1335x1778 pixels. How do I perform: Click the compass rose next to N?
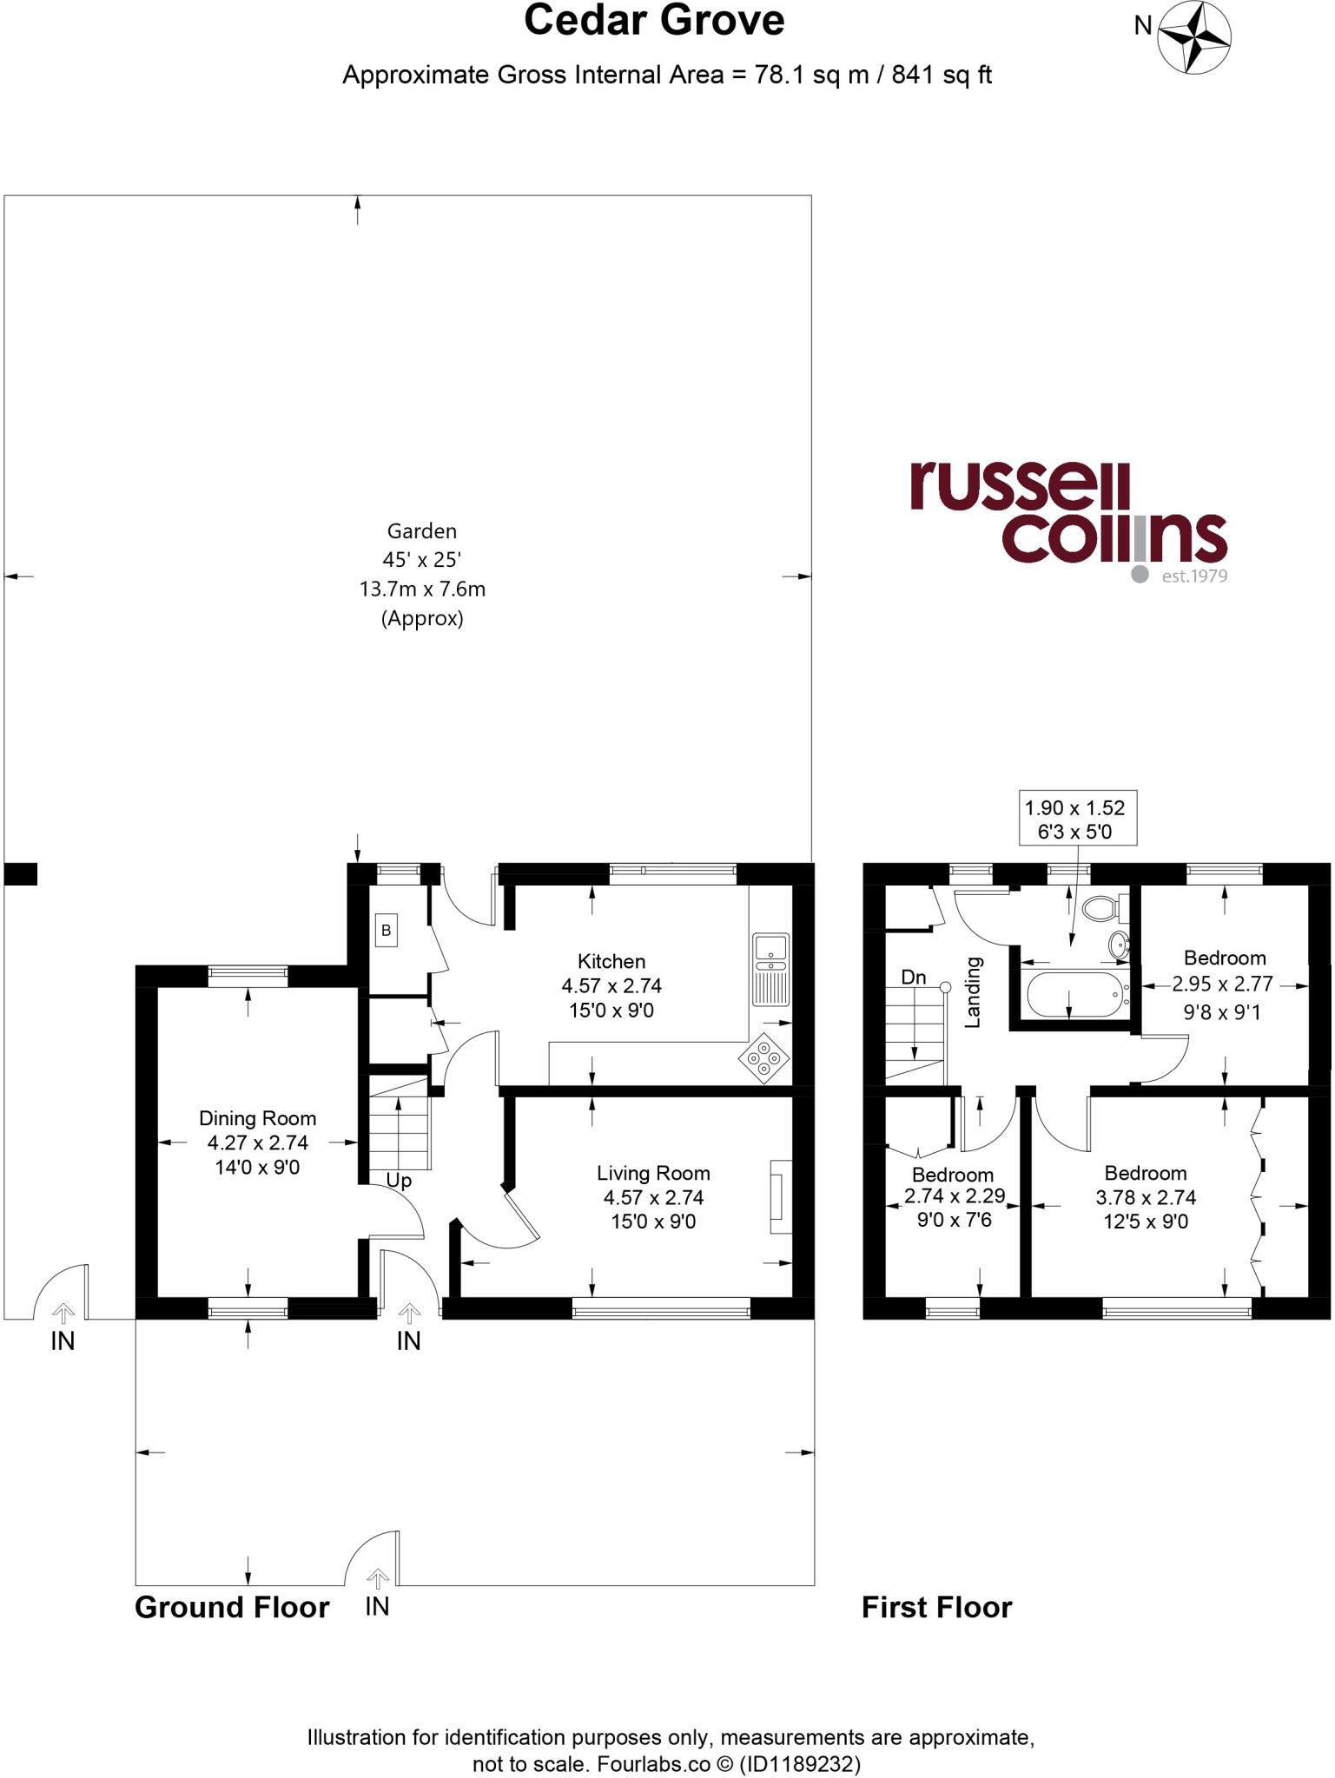1194,36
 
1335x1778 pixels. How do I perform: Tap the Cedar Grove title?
653,21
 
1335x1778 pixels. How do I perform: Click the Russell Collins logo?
1068,521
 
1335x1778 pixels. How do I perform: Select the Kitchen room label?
611,961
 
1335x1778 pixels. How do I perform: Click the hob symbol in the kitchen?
763,1059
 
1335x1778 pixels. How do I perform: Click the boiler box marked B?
386,931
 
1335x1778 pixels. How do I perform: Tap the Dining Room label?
257,1118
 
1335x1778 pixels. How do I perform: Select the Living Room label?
653,1173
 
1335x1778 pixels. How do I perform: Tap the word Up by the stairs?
399,1181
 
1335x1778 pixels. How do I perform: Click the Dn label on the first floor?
913,978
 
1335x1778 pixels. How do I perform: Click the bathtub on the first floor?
1074,994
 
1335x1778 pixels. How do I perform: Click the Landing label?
974,992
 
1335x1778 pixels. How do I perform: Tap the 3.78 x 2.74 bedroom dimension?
1145,1197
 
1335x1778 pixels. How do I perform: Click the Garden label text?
421,530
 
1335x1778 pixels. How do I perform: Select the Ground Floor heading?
232,1607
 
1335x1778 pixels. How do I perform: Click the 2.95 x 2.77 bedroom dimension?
1221,984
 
